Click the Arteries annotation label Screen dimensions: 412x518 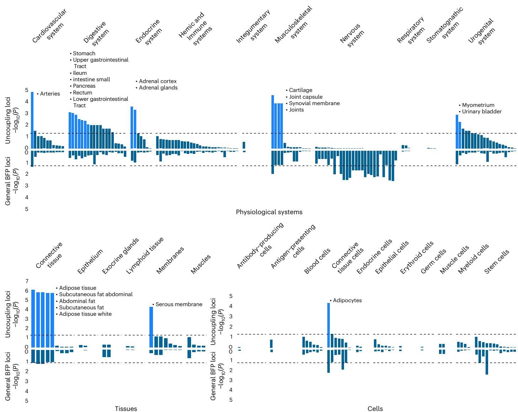pos(50,94)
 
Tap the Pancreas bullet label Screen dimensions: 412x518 pos(84,86)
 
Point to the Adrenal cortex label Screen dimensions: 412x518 pos(158,81)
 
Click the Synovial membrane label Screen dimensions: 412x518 pos(314,103)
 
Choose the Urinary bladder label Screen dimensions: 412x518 pos(482,112)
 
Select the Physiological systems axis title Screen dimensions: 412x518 pos(269,212)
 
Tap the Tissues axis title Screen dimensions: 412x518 pos(126,408)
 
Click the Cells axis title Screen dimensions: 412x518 pos(375,408)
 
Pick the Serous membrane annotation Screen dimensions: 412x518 pos(179,304)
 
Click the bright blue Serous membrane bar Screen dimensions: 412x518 pos(151,327)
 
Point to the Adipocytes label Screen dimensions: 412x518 pos(347,300)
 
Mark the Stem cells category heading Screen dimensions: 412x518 pos(497,264)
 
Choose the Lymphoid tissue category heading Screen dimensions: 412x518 pos(145,255)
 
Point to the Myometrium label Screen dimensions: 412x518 pos(478,105)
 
